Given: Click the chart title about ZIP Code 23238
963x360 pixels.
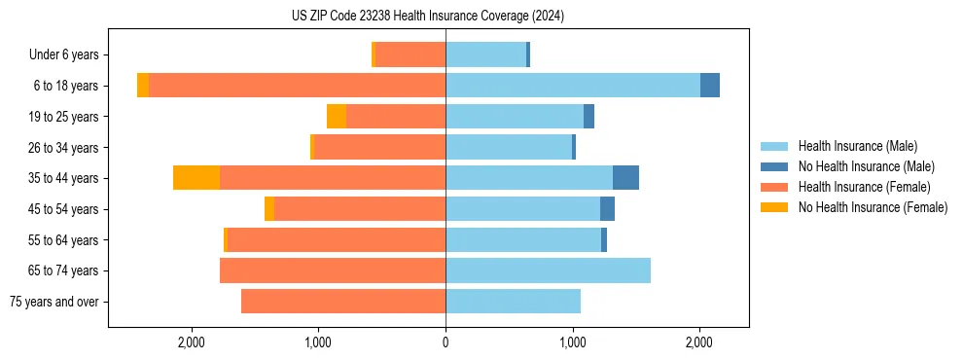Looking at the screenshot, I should point(428,17).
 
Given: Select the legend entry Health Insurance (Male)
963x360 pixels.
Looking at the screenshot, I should point(857,147).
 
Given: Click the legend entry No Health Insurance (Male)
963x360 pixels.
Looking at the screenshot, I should point(866,167).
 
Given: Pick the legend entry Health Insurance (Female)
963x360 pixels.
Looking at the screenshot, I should point(863,187).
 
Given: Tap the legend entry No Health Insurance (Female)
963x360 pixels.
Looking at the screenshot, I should point(872,207).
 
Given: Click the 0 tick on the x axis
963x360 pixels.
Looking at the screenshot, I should point(446,342).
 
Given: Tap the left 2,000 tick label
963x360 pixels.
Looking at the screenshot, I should point(192,342).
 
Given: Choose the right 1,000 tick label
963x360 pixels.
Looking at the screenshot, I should point(572,342).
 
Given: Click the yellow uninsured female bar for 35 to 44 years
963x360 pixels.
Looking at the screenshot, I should point(196,178).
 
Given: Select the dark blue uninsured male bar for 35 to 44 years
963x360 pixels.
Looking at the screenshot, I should point(625,178).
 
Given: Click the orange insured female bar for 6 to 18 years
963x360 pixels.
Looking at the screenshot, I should point(297,86).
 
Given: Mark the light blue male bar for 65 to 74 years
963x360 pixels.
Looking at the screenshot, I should point(548,270).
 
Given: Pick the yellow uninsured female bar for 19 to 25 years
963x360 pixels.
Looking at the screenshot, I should point(337,117).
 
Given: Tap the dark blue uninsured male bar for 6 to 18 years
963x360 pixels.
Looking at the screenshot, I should point(710,86).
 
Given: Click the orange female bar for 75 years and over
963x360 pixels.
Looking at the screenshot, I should point(343,302).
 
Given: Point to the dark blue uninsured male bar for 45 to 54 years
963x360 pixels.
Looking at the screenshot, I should point(607,209).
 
